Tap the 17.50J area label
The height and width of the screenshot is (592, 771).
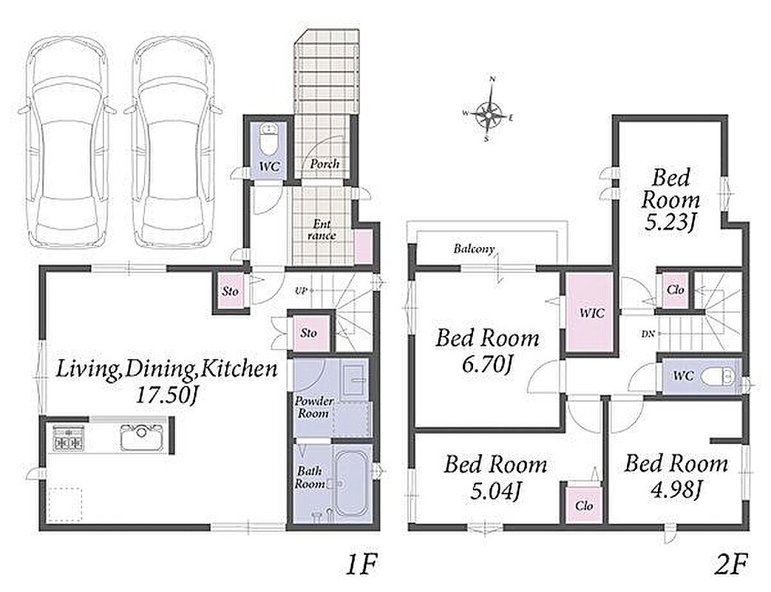166,396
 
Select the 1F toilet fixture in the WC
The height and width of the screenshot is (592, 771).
269,139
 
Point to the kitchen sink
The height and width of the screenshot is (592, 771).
142,437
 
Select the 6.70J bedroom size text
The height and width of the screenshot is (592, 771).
488,365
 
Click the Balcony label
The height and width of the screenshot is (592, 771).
474,249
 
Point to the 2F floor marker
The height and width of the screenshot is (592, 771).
731,564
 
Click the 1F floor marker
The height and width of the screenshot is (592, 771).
361,564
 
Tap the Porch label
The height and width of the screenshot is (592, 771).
325,164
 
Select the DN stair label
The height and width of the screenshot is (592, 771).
648,334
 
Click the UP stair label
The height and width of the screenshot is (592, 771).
301,291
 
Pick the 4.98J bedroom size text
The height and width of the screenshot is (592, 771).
676,490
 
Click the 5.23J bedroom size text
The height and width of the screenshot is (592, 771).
670,223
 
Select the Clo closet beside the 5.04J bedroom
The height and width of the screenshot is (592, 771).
584,505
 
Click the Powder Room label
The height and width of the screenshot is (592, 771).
313,407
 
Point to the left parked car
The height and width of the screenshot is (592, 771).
67,143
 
